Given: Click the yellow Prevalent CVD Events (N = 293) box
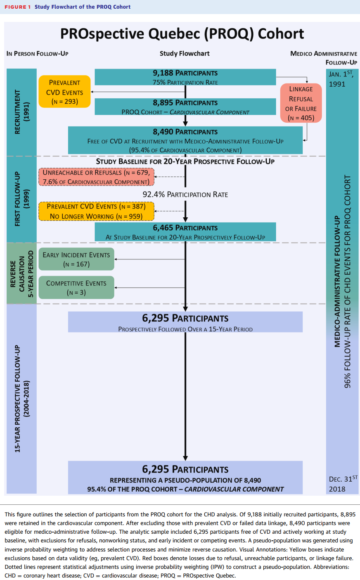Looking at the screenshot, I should coord(64,92).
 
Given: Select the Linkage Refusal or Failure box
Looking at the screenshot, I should coord(301,103).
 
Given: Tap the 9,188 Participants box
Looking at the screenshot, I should coord(185,77).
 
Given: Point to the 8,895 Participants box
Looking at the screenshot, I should coord(185,107).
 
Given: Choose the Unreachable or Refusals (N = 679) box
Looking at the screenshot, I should coord(97,177).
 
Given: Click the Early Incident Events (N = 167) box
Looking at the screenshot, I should coord(76,259).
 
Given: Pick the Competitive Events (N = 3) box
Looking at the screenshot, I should coord(76,288).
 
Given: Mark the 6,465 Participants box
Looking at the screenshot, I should coord(185,232).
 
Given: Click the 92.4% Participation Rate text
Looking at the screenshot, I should coord(185,195).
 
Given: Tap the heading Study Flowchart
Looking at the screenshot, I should coord(185,54).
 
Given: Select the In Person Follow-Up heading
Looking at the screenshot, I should coord(38,54).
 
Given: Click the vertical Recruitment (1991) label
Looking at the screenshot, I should coord(21,112).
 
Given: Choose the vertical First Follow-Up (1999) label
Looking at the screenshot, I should coord(21,199).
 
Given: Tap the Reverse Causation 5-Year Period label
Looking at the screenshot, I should coord(21,273).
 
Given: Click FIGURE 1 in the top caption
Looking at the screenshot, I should coord(18,7).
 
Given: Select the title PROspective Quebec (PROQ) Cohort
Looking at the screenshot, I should coord(182,34).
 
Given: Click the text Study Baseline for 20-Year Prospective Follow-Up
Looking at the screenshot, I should coord(185,162).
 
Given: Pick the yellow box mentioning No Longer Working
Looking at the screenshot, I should coord(97,212).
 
